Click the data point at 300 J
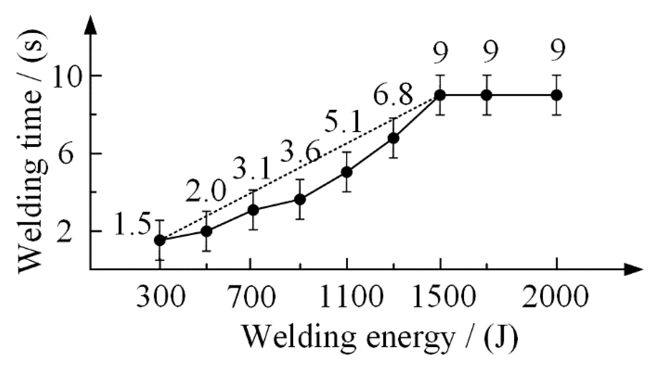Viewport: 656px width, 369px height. point(160,240)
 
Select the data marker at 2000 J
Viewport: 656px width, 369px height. point(556,95)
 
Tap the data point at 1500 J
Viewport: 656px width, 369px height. point(440,95)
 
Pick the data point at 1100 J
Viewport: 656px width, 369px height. point(347,172)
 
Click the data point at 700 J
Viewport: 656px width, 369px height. point(254,210)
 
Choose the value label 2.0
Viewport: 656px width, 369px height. point(206,192)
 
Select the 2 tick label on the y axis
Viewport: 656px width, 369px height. point(66,232)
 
